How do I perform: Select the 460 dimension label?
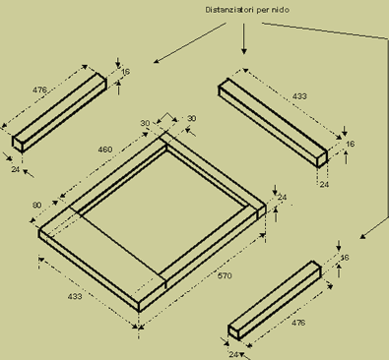pos(105,150)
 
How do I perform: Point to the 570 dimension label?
pos(225,275)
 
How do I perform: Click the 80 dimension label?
pos(37,205)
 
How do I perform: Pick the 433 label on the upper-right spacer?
pos(299,96)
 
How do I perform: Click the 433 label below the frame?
pos(75,296)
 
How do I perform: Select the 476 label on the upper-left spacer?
pos(39,90)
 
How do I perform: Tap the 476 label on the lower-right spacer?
pos(298,323)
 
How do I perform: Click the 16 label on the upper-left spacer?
pos(125,72)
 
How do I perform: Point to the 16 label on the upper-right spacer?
pos(351,144)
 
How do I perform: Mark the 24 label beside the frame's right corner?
pos(282,197)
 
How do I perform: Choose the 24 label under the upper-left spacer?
pos(16,169)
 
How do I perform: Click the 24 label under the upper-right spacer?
pos(324,184)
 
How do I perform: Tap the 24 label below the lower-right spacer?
pos(233,354)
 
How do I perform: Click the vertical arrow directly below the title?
pos(243,38)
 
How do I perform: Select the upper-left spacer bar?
pos(59,112)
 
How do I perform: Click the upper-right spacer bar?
pos(273,123)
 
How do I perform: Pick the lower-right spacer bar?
pos(275,300)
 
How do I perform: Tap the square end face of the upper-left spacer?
pos(18,144)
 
